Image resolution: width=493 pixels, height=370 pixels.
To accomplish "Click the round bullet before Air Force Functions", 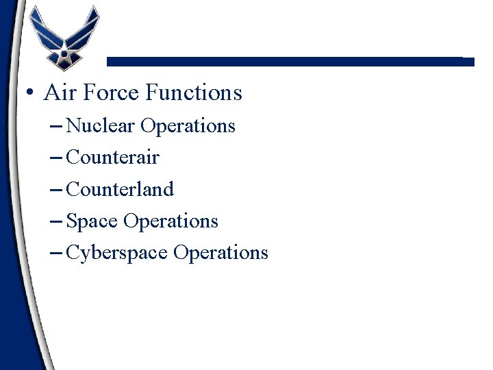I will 29,92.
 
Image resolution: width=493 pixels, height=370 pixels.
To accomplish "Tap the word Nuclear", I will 101,126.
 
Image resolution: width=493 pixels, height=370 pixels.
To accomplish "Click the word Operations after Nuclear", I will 188,126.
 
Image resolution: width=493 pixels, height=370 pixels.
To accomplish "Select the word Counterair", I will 113,158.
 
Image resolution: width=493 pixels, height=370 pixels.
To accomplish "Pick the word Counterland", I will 121,189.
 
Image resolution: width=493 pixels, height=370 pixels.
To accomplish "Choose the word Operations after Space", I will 170,221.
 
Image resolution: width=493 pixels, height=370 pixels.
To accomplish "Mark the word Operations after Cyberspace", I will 220,253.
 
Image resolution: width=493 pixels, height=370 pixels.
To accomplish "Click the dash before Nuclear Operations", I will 58,127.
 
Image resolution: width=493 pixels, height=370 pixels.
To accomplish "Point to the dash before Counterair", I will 58,158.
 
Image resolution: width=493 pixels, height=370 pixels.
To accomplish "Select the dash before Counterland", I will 58,190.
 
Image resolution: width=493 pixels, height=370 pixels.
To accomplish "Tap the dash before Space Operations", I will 58,221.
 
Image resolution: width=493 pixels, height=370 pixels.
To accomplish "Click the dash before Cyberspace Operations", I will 58,253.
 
